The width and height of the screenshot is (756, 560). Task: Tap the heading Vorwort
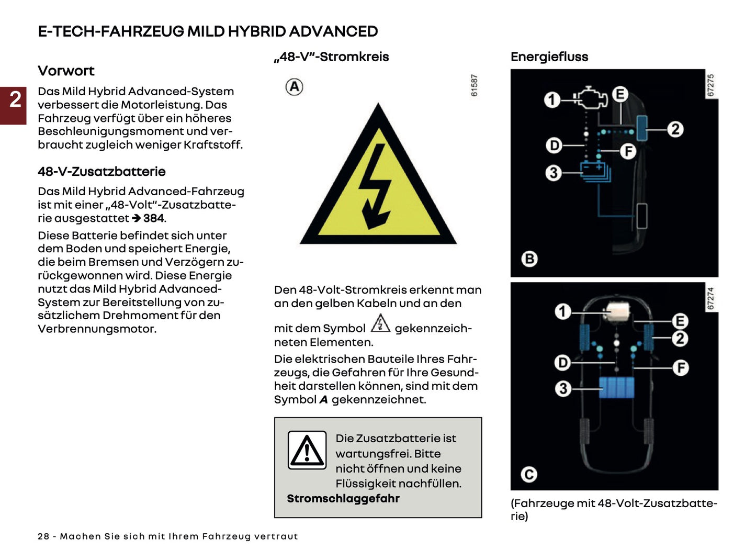66,71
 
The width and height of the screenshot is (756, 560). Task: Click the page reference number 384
154,218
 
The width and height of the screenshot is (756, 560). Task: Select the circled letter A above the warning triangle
295,87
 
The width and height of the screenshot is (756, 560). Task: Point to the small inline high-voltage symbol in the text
380,324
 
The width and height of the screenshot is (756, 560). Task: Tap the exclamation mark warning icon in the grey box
307,451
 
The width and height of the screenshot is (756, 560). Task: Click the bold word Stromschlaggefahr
343,499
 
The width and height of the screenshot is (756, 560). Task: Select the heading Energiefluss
549,57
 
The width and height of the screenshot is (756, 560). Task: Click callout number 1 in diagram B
551,99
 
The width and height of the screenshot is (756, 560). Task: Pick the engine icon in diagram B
591,97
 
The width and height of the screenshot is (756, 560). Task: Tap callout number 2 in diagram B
675,129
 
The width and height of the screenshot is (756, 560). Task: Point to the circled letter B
529,259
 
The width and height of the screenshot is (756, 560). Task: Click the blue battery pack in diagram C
616,388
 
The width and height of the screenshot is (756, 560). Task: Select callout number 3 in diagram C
562,388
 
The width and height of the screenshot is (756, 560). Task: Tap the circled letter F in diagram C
680,368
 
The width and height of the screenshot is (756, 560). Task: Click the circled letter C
529,474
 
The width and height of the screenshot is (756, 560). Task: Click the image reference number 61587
474,85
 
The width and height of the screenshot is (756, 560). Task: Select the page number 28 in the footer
44,536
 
